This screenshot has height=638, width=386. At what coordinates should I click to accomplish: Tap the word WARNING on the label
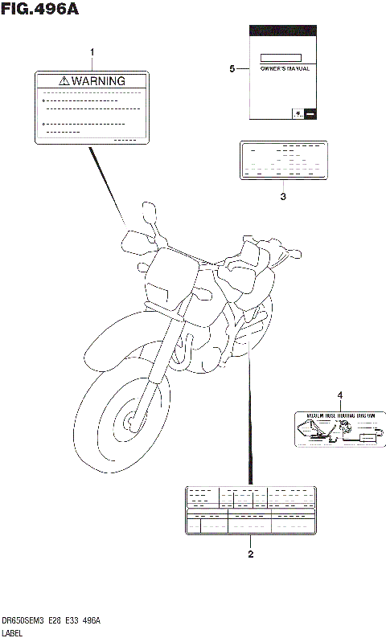[98, 81]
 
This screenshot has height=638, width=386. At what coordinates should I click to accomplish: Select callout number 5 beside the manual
[232, 70]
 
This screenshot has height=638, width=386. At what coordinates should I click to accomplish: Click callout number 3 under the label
[282, 196]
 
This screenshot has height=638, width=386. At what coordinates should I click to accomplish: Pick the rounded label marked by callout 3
[283, 161]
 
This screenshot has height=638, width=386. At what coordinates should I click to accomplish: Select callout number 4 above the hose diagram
[339, 395]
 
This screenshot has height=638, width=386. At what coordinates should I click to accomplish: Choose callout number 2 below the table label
[250, 554]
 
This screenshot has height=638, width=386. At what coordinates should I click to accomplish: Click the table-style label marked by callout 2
[250, 509]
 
